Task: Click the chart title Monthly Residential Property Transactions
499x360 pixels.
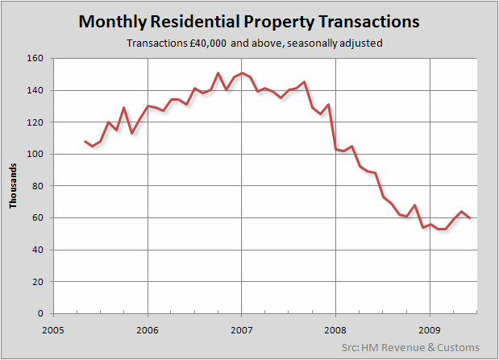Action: point(249,22)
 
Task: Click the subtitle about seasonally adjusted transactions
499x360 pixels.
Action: point(249,43)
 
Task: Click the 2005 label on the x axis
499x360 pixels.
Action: point(53,329)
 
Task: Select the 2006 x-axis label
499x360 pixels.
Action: point(147,329)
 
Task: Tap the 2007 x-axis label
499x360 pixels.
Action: point(241,329)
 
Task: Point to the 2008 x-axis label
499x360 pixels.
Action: point(335,329)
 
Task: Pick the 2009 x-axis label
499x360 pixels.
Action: point(429,329)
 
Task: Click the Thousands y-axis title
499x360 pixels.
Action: point(14,185)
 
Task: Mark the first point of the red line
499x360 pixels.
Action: point(85,141)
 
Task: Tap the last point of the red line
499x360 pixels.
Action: point(470,218)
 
